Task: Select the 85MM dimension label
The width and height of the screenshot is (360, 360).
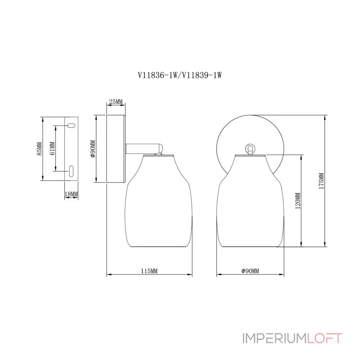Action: [x=39, y=148]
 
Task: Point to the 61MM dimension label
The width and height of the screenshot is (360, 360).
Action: [x=52, y=148]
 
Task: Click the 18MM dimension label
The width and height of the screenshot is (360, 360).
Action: [x=72, y=193]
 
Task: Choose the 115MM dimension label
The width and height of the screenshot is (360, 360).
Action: [x=149, y=271]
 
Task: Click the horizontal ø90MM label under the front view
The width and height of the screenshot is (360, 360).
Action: [x=250, y=271]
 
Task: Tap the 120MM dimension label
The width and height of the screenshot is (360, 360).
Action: [x=297, y=201]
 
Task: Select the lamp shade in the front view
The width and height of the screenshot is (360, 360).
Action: [x=250, y=202]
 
